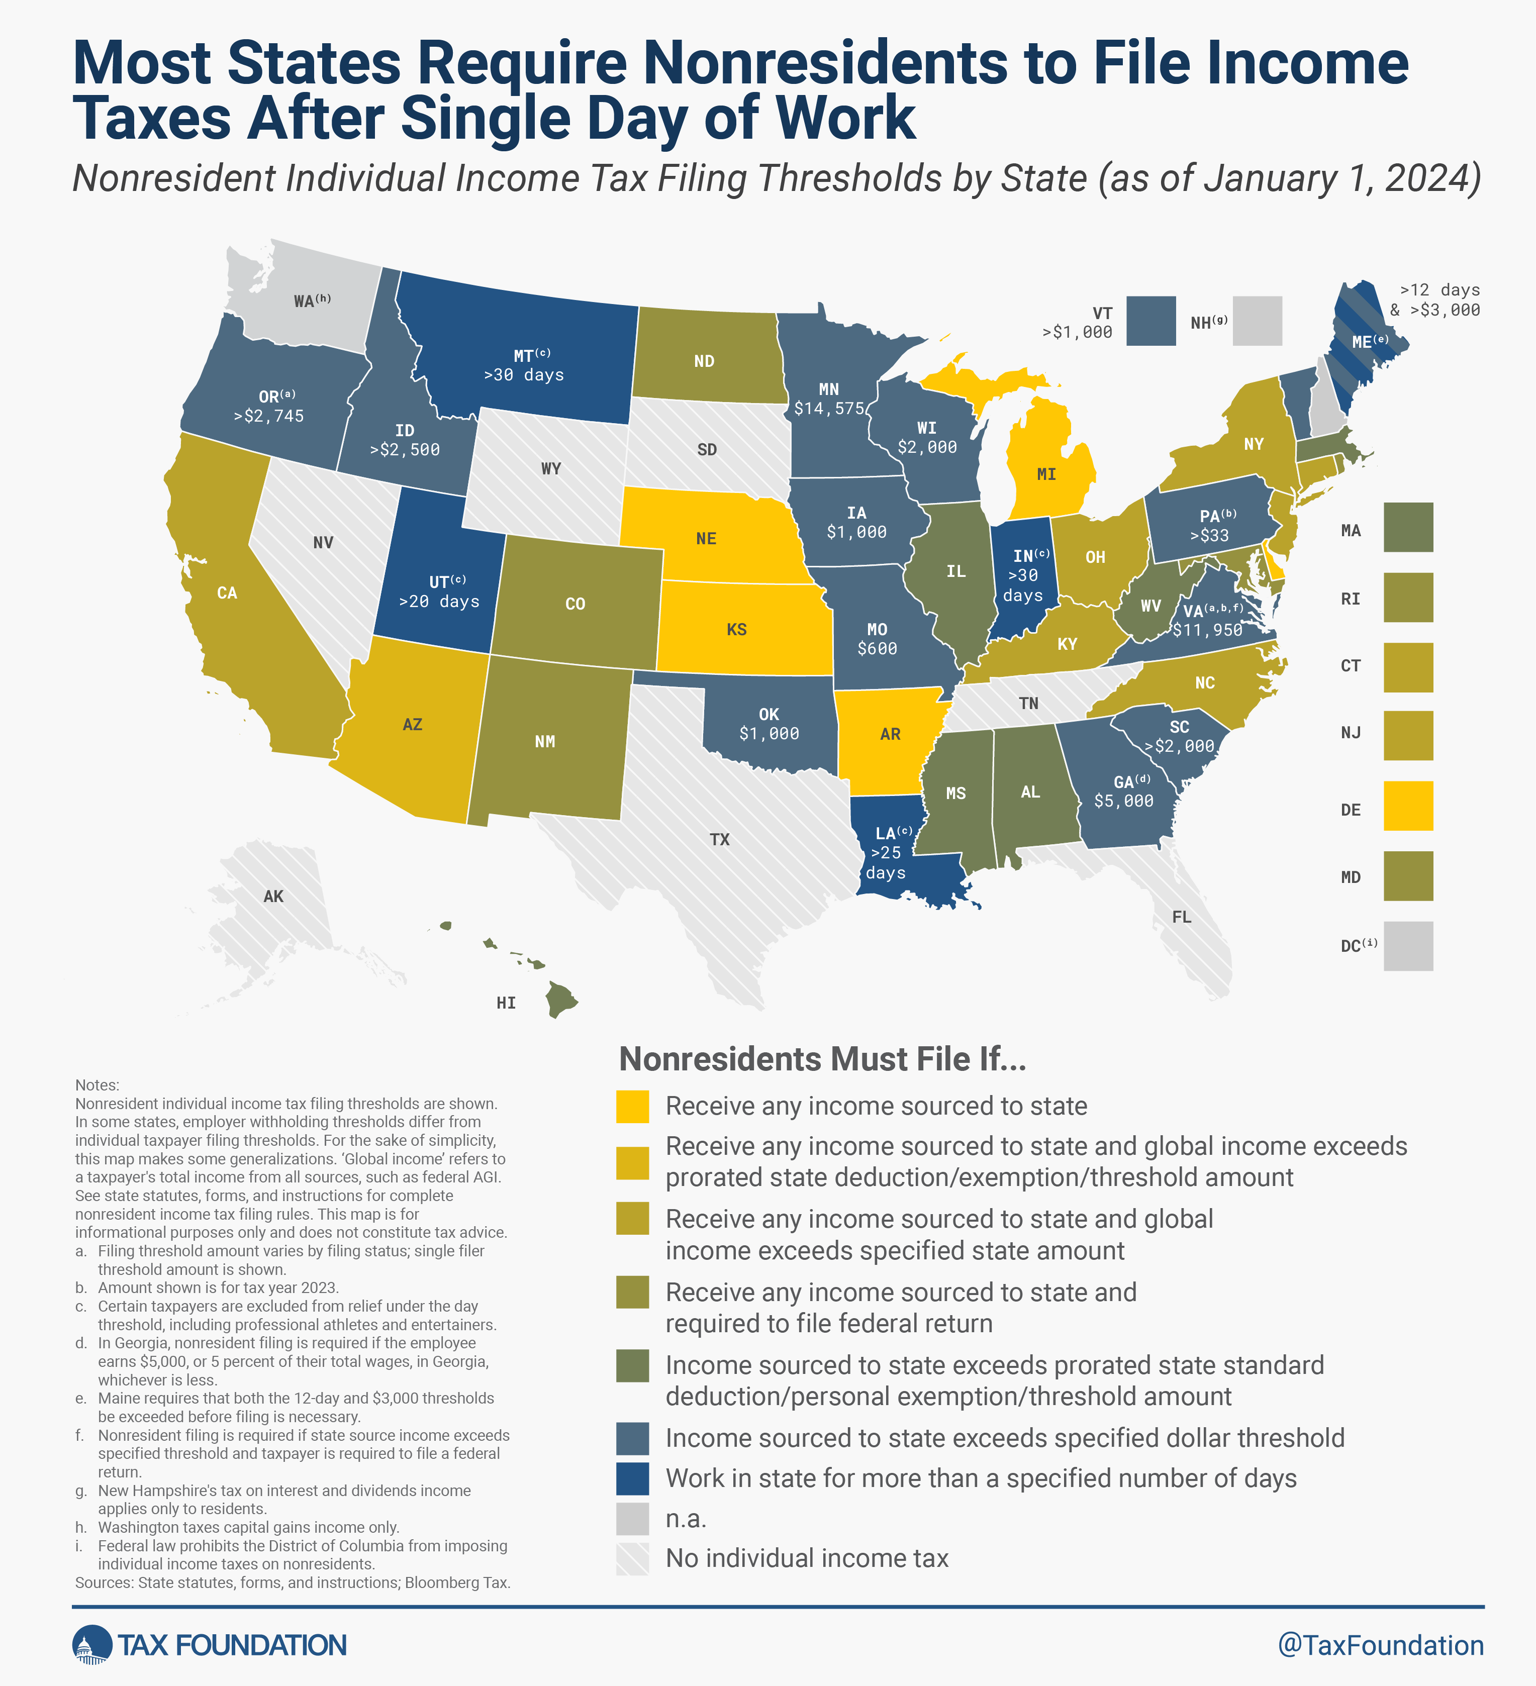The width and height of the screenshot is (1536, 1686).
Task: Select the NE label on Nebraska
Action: pyautogui.click(x=706, y=539)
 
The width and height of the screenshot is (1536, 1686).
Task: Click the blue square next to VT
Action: pyautogui.click(x=1150, y=321)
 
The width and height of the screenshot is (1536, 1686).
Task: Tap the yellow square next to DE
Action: pyautogui.click(x=1408, y=806)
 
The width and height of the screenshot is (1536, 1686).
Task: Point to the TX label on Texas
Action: pyautogui.click(x=719, y=840)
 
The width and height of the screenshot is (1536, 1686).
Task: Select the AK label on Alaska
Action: pyautogui.click(x=273, y=897)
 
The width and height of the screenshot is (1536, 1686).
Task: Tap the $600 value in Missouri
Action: pyautogui.click(x=877, y=649)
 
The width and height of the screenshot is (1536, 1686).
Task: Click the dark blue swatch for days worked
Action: pyautogui.click(x=632, y=1478)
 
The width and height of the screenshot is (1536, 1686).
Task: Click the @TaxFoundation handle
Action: pyautogui.click(x=1380, y=1645)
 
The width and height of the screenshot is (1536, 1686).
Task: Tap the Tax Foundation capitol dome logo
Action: pyautogui.click(x=92, y=1645)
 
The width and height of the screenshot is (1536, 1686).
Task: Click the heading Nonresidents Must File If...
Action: pyautogui.click(x=822, y=1060)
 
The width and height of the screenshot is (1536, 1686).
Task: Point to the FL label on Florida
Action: pyautogui.click(x=1181, y=918)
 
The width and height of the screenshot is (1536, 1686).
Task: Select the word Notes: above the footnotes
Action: pyautogui.click(x=97, y=1084)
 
